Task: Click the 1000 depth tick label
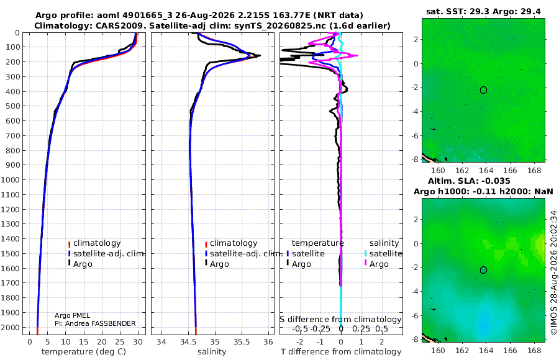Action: point(10,179)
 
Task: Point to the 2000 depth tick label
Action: point(10,327)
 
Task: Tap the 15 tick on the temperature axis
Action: point(83,342)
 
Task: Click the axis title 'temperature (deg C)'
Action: point(84,352)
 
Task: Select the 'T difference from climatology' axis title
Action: point(341,352)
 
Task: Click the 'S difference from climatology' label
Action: point(340,320)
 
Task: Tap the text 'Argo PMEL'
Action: point(73,315)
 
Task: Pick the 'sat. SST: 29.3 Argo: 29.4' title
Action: point(483,12)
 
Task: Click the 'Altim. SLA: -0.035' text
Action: point(469,181)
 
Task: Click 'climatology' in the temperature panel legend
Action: point(97,243)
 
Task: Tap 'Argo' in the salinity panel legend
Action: point(219,264)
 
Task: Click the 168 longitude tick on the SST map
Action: point(534,170)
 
